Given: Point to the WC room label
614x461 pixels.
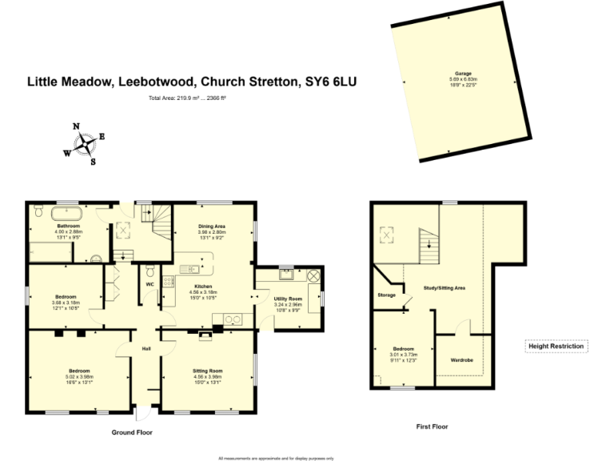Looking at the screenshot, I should point(150,284).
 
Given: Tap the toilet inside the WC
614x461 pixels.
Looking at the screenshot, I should point(150,269).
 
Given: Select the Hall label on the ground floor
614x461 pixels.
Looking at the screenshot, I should point(146,349).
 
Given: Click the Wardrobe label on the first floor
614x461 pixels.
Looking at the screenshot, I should point(462,360).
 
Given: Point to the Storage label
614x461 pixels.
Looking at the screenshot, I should point(387,295).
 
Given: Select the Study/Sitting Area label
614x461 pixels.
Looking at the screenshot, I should point(445,287).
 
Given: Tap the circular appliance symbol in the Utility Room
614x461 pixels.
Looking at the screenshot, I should point(313,275).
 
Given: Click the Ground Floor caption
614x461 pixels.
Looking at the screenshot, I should point(131,432).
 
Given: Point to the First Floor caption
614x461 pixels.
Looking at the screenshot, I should point(432,427).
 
